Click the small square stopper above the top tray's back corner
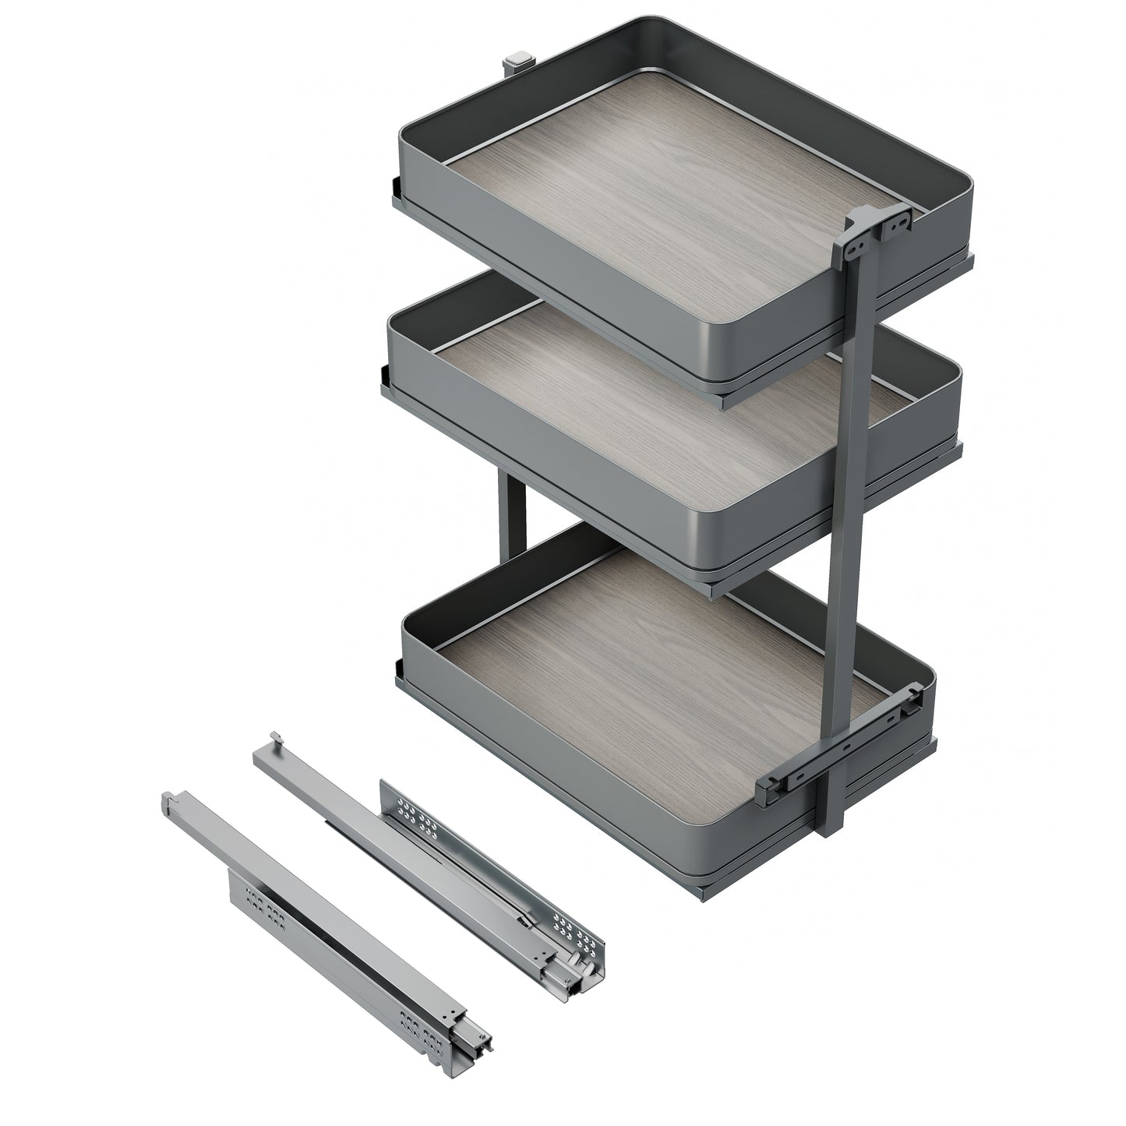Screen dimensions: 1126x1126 517,60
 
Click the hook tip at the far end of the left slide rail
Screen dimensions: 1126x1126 168,799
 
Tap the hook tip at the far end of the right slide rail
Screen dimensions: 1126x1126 275,738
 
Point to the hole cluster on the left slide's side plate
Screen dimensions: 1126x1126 261,915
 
